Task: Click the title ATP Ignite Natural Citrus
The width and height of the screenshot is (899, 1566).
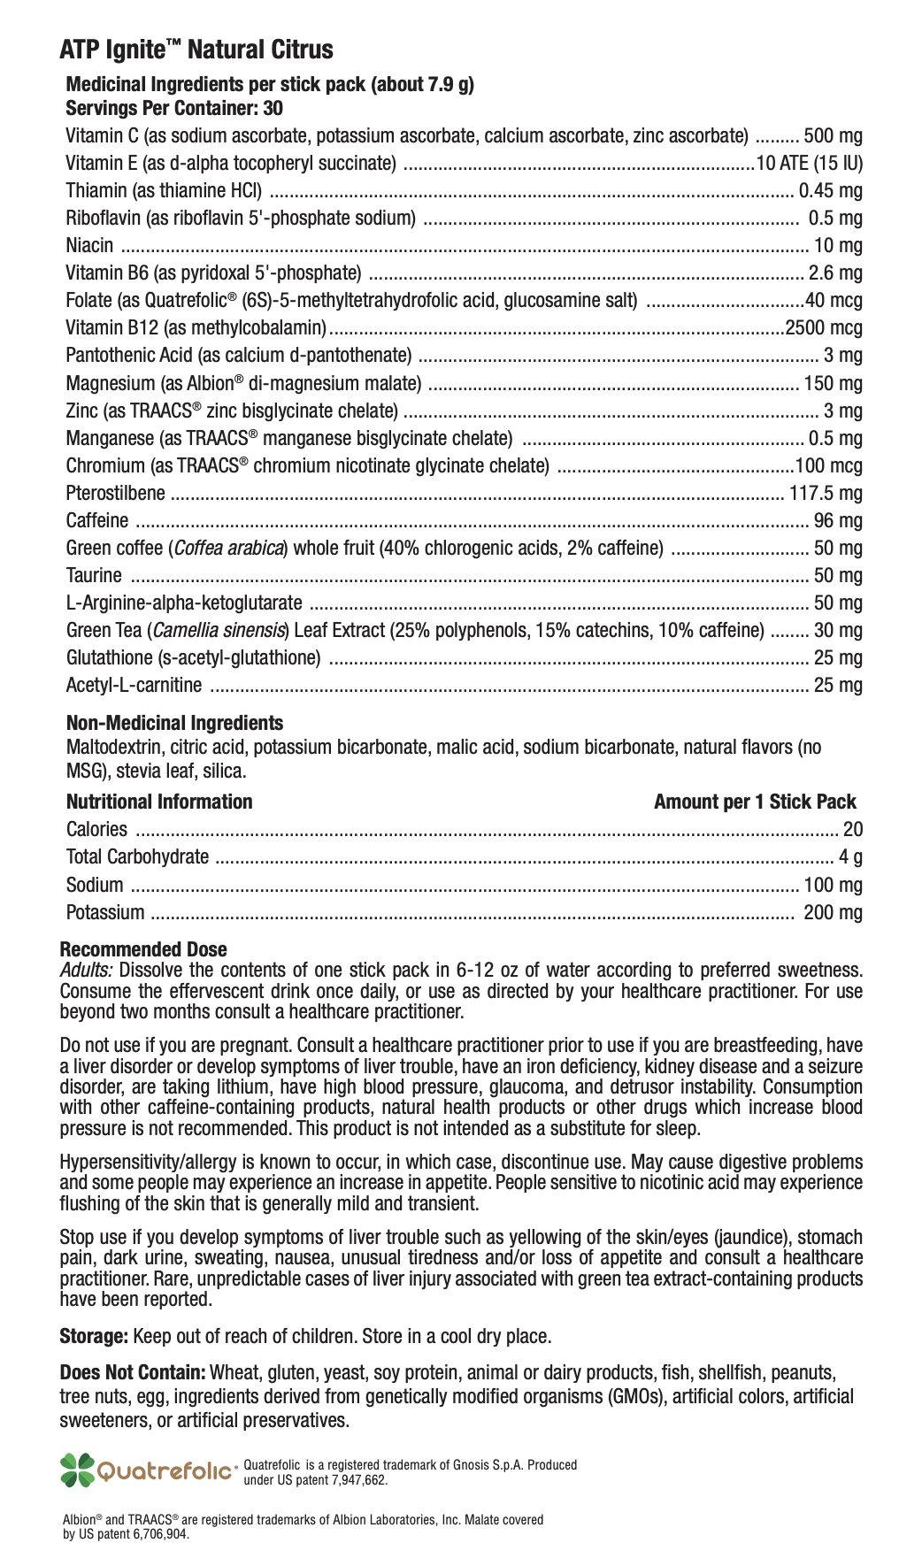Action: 196,50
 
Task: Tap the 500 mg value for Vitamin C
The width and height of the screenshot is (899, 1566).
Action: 832,136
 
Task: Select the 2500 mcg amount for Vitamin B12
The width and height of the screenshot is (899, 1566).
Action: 823,328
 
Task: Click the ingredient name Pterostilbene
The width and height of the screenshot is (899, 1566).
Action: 115,494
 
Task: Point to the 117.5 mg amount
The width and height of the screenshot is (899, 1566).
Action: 826,494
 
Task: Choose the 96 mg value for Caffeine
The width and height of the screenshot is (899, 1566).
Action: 837,521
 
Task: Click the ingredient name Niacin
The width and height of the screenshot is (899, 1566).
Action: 89,246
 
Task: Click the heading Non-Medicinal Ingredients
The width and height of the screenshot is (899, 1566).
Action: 174,723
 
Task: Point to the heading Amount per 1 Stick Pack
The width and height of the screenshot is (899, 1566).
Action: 755,802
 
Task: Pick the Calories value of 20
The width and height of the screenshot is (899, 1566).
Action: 852,830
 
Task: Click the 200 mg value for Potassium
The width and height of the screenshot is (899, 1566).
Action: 832,913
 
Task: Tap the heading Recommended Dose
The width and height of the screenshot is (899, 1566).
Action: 142,949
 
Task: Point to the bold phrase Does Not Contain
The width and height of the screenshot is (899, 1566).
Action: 133,1373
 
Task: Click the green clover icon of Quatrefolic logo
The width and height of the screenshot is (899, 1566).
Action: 77,1470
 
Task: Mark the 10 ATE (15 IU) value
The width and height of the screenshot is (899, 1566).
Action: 809,164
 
